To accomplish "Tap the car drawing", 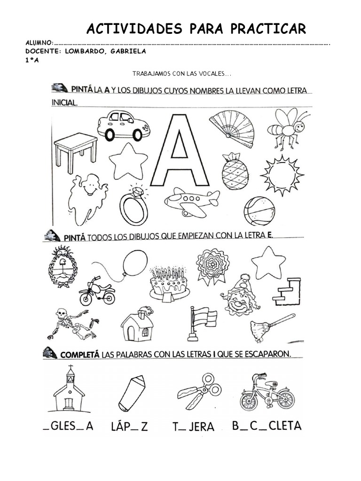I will tap(123, 125).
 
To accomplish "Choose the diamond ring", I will tap(133, 207).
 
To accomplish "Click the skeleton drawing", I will tap(73, 324).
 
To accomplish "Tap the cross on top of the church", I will tap(70, 368).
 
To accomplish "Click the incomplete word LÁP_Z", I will tap(129, 426).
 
